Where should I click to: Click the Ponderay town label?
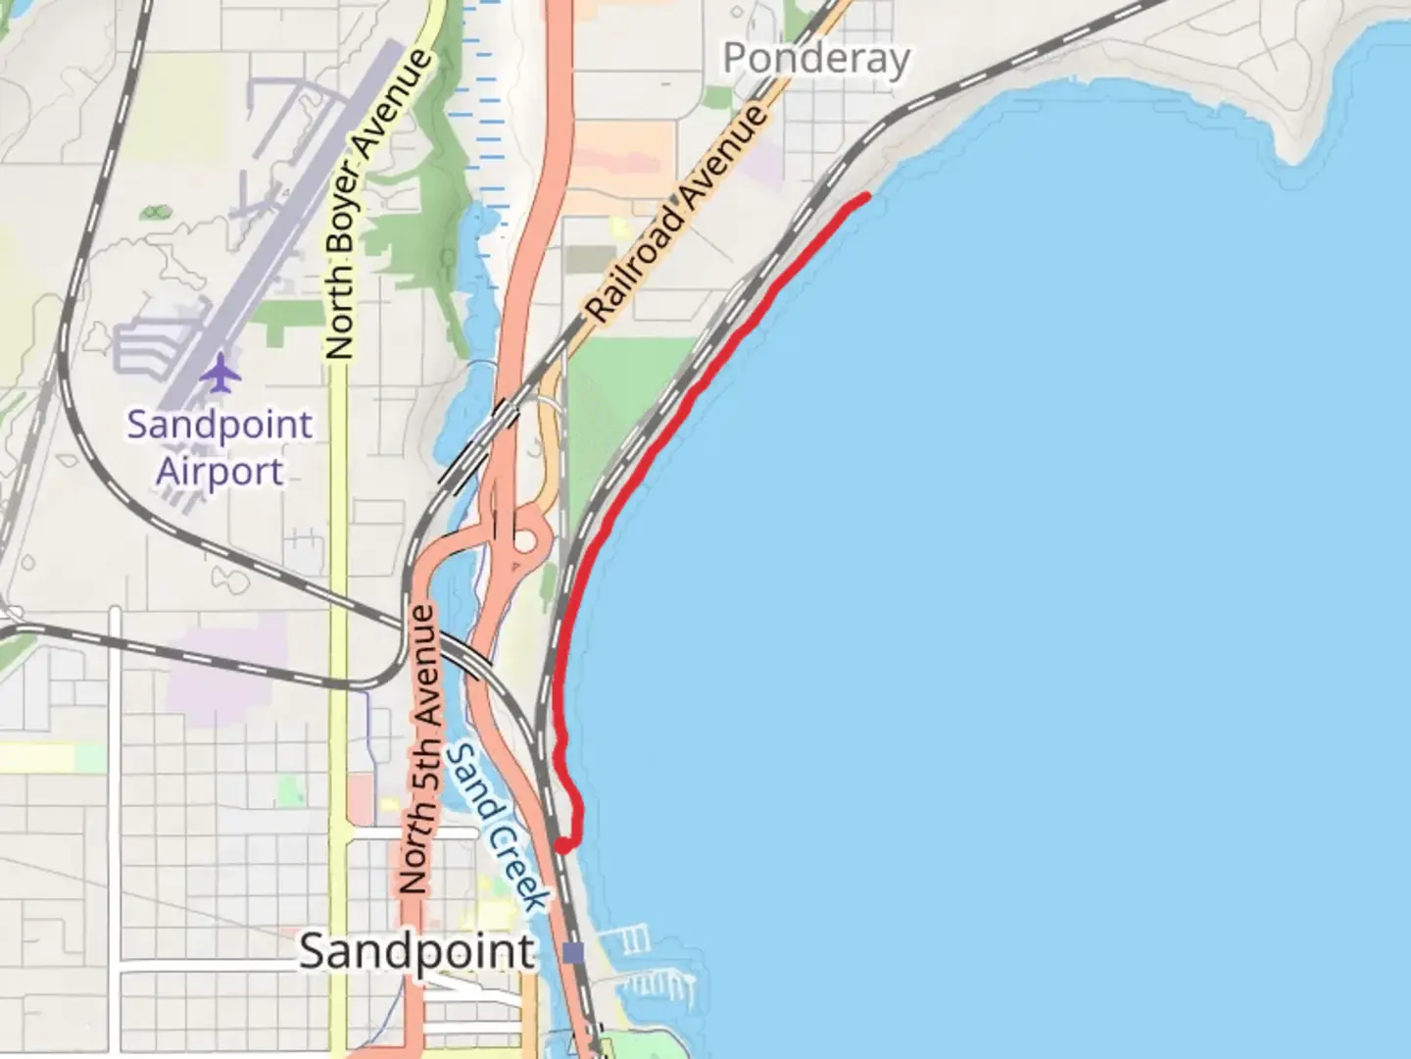(816, 60)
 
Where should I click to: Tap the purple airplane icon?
(222, 373)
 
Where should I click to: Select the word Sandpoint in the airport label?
(220, 426)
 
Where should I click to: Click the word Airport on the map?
(220, 472)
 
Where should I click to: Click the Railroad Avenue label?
(676, 213)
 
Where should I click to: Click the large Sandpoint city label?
(417, 951)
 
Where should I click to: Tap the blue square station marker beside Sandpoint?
(574, 952)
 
